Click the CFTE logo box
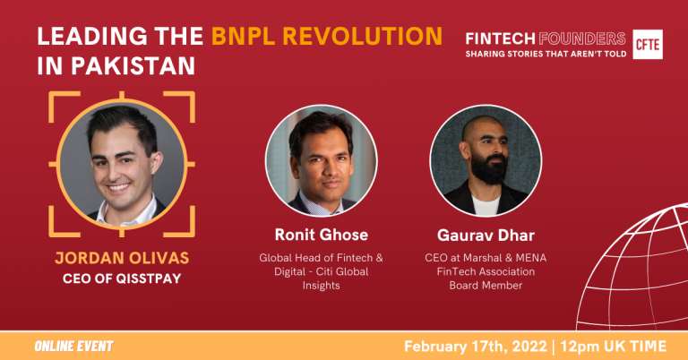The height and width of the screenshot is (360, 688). (x=648, y=44)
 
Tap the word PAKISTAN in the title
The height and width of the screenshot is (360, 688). (x=133, y=65)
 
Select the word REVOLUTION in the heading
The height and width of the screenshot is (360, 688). (x=363, y=36)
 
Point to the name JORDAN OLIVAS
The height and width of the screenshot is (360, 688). (x=122, y=258)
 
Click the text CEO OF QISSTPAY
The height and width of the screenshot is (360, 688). (x=122, y=279)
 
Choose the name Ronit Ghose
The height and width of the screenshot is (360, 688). (x=322, y=235)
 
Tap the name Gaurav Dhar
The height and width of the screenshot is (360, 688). (x=486, y=235)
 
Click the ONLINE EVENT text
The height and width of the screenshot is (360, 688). (x=73, y=346)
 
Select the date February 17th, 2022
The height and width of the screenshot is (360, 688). (x=476, y=347)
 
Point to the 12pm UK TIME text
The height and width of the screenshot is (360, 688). (x=614, y=347)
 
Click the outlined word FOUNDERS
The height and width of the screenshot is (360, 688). (x=581, y=39)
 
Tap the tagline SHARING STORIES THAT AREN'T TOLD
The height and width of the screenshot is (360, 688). (x=546, y=54)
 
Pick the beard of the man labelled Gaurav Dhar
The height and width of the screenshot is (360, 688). (x=489, y=168)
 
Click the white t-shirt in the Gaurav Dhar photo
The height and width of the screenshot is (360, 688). (x=486, y=205)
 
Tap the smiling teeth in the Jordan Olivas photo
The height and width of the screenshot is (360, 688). (x=118, y=188)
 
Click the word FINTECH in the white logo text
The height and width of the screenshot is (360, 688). (x=500, y=39)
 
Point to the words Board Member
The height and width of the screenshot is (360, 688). (x=486, y=285)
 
